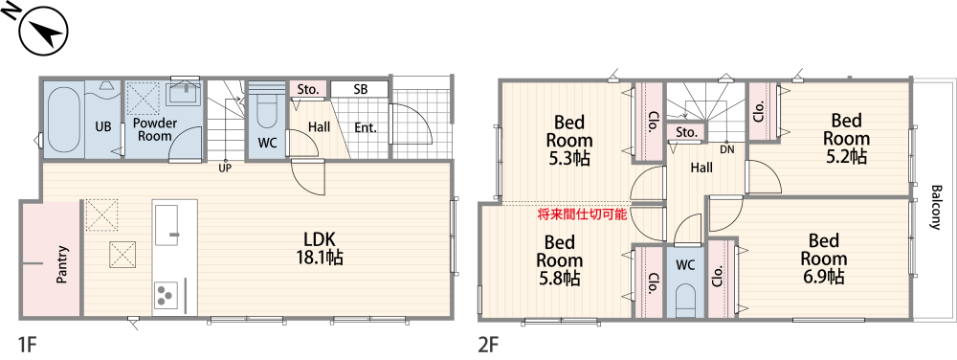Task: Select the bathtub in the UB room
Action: tap(63, 120)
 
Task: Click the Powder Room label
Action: tap(153, 129)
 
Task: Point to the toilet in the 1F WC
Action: tap(267, 119)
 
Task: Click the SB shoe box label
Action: tap(360, 89)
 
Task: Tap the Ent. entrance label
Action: tap(366, 127)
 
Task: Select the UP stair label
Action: tap(225, 168)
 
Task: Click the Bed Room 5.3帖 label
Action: tap(569, 140)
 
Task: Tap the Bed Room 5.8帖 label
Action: tap(558, 259)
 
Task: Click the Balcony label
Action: tap(935, 206)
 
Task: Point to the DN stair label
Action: tap(727, 149)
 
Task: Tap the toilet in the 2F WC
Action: tap(685, 296)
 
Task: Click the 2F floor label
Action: tap(488, 342)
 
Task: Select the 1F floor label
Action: tap(26, 342)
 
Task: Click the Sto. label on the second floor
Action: tap(686, 132)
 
